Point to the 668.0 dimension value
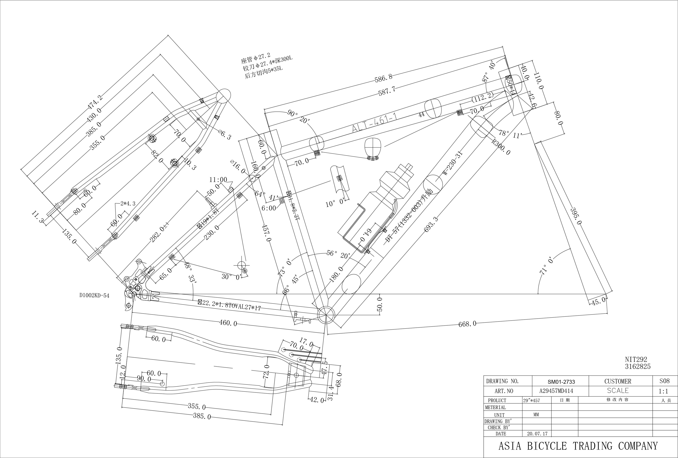coord(467,324)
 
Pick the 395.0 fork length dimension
coord(576,216)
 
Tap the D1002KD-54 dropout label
coord(94,296)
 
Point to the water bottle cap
coord(408,167)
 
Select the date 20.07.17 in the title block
coord(537,434)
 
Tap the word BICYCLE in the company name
coord(547,446)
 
